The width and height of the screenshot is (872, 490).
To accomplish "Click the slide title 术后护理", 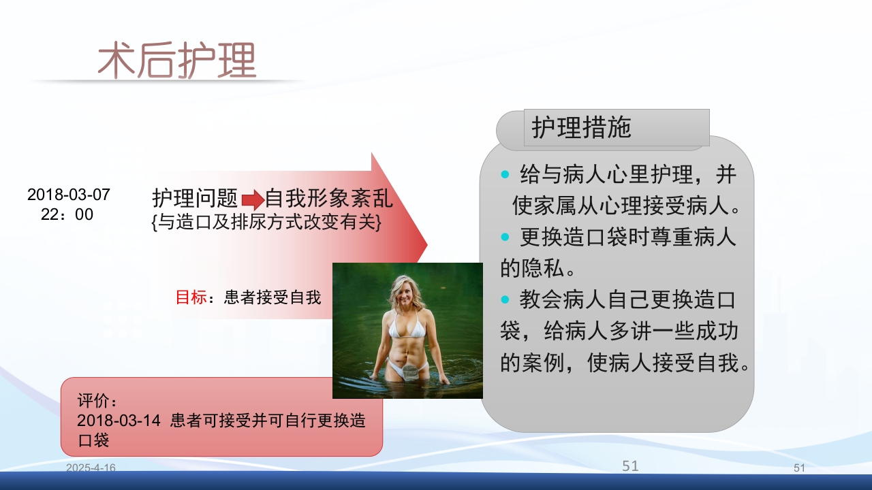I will click(176, 61).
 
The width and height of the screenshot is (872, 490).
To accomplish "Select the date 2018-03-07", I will click(68, 195).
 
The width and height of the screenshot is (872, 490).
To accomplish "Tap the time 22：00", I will click(67, 215).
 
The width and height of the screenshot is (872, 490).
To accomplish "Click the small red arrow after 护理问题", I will click(252, 200).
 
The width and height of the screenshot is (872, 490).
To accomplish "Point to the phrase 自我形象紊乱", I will click(328, 199).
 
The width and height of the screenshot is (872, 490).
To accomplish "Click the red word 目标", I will click(191, 297).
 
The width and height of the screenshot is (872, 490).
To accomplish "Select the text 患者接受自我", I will click(272, 297).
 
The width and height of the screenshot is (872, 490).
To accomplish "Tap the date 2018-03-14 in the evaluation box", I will click(119, 421).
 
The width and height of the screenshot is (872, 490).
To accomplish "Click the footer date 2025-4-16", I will click(91, 468).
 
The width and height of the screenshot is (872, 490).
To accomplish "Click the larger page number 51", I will click(630, 466).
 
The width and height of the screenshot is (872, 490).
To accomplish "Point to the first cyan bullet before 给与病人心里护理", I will click(505, 175).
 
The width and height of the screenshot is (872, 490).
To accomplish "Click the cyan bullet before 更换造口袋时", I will click(505, 238).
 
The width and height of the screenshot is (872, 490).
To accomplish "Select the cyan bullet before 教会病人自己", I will click(505, 299).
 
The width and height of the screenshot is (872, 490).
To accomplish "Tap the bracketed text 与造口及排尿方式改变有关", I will click(266, 222).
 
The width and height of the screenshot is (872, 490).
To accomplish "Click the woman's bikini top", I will click(407, 329).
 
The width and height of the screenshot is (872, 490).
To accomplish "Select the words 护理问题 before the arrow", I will click(195, 199).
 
